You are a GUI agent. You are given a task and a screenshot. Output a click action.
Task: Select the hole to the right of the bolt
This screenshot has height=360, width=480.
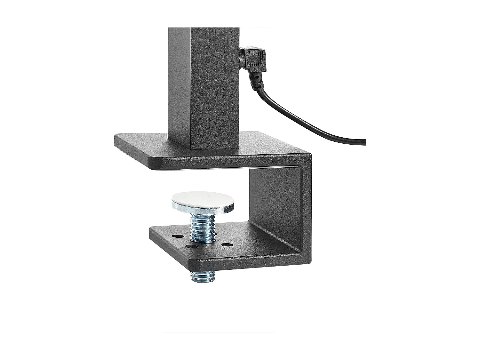coord(227,245)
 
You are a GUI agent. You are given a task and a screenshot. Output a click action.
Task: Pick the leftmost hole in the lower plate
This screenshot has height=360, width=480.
coord(176,236)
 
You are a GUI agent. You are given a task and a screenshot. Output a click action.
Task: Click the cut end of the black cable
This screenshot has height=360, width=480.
coord(365,142)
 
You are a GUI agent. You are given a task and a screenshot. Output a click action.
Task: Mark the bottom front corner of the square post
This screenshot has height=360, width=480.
coord(192,149)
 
